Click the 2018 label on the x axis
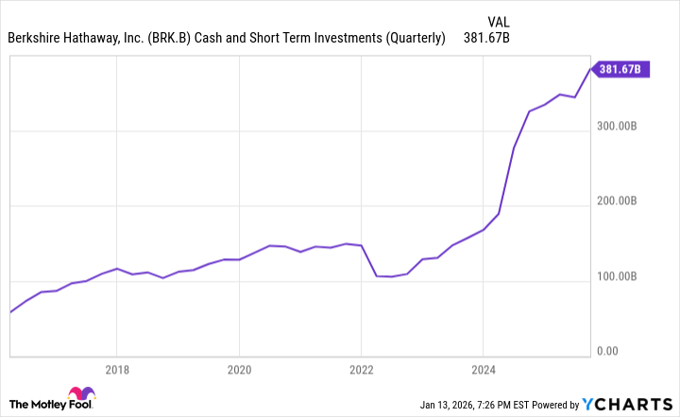point(116,369)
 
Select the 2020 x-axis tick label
point(239,369)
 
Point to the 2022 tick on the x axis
point(361,369)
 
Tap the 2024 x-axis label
point(483,369)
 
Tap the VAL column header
point(500,21)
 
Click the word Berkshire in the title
point(37,39)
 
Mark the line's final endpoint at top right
point(592,68)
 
